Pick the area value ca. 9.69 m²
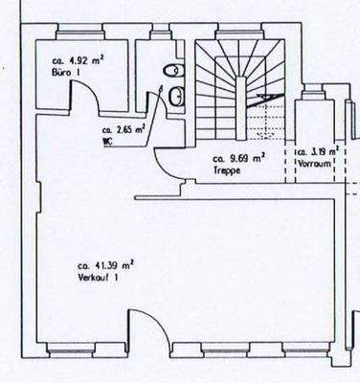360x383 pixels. click(x=238, y=156)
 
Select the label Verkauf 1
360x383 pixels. click(x=99, y=277)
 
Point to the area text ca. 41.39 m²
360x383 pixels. click(x=105, y=264)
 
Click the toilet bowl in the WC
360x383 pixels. click(x=169, y=72)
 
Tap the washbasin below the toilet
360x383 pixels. click(x=177, y=95)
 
